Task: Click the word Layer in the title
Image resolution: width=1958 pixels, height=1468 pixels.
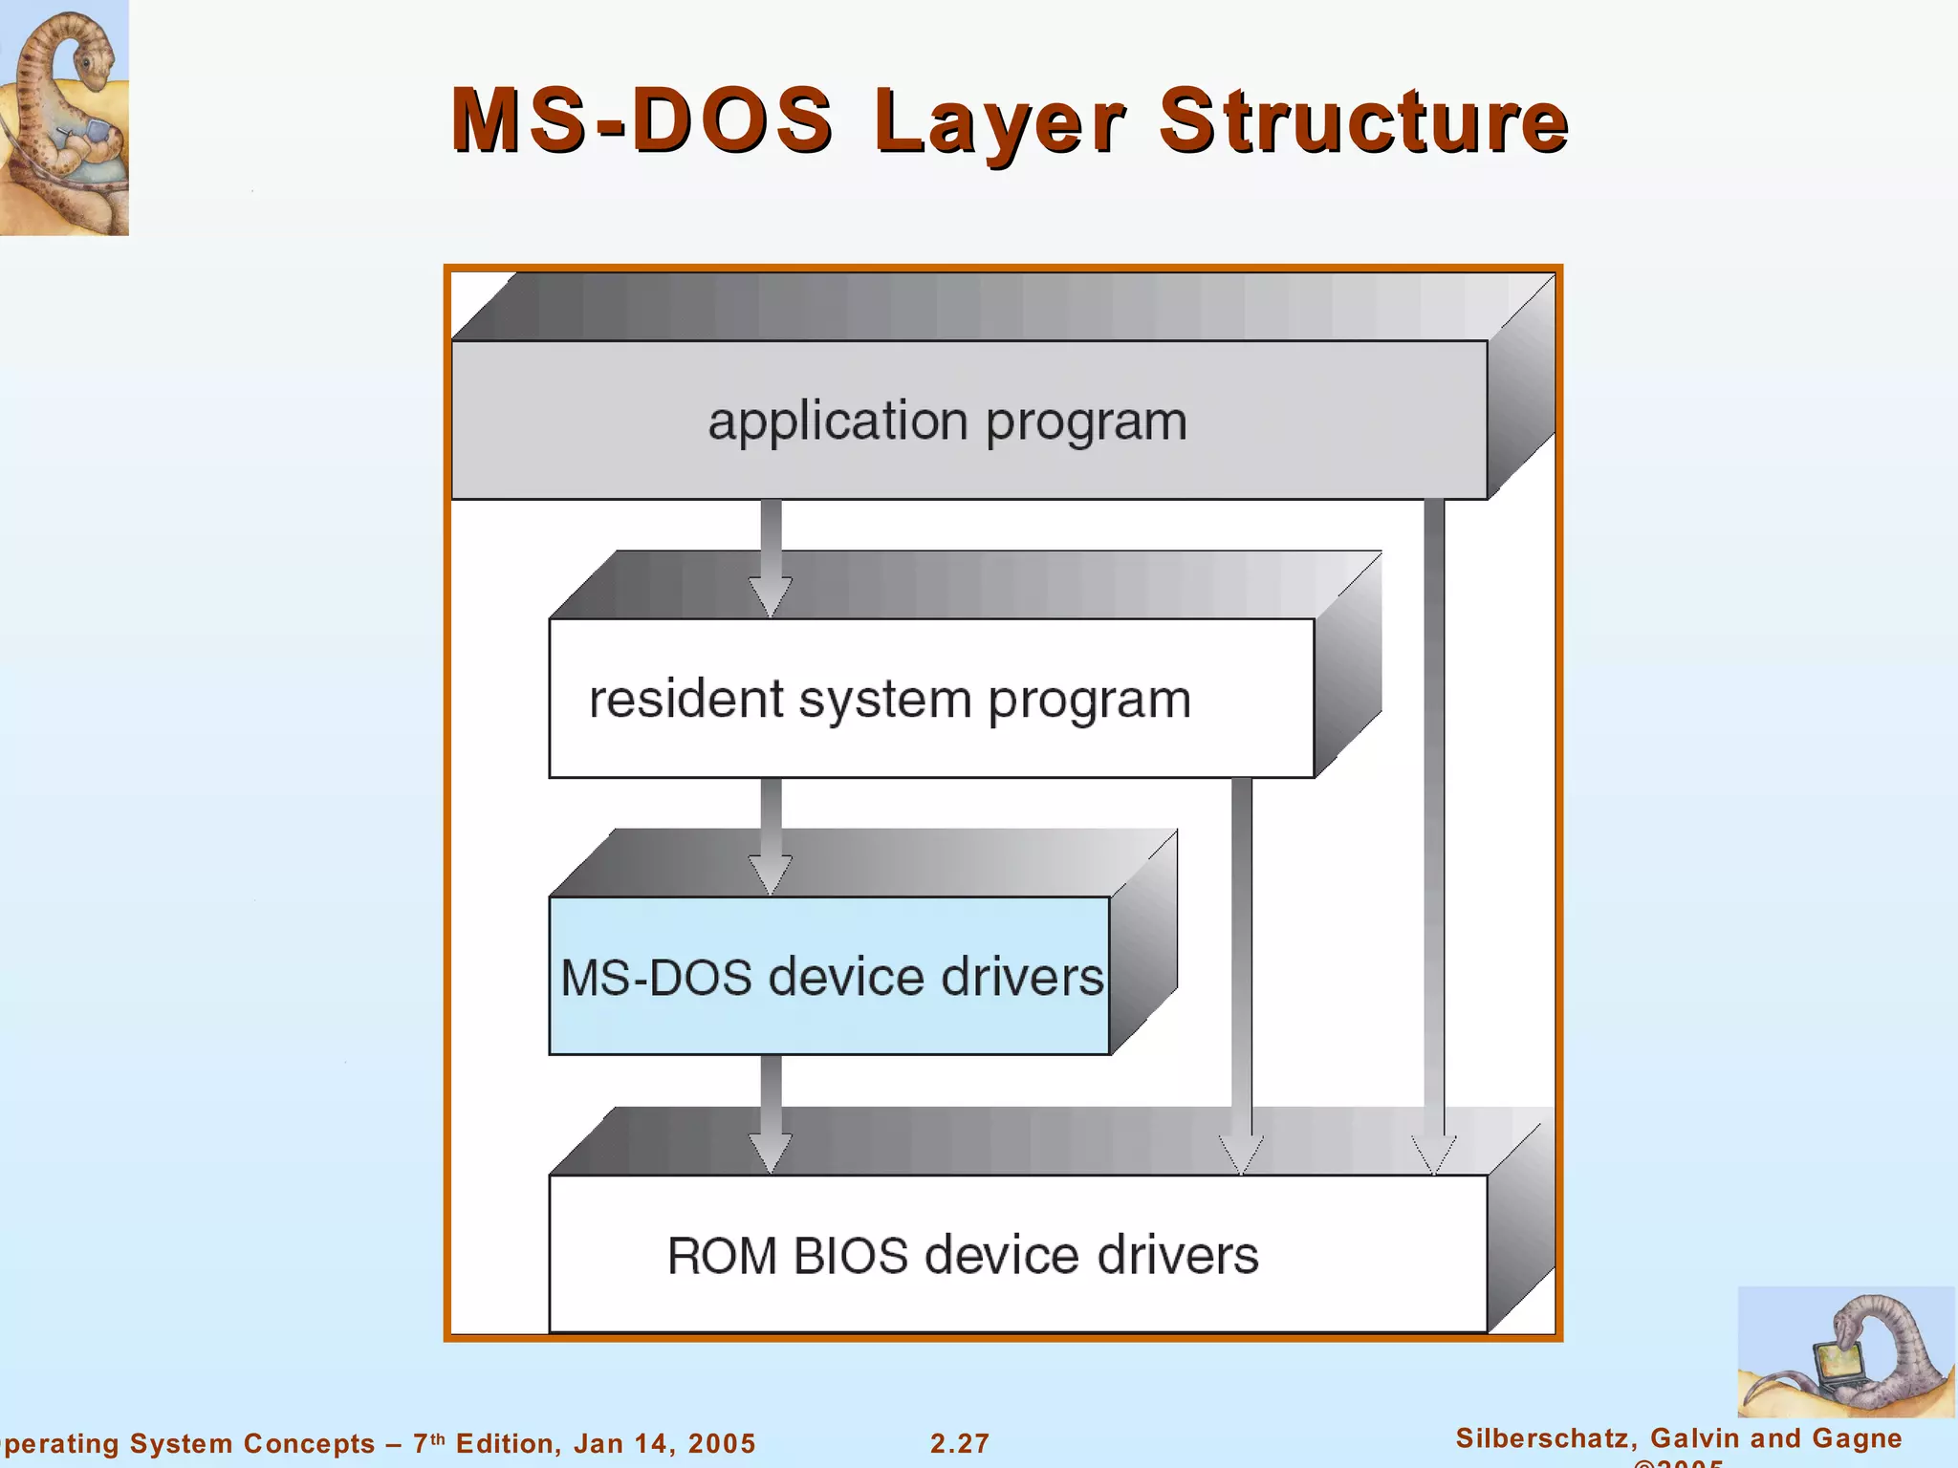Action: pyautogui.click(x=1000, y=121)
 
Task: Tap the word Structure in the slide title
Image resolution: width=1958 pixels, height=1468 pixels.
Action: pyautogui.click(x=1363, y=121)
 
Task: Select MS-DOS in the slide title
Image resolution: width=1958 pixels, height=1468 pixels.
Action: pyautogui.click(x=642, y=121)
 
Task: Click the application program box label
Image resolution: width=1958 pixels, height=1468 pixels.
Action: pyautogui.click(x=946, y=421)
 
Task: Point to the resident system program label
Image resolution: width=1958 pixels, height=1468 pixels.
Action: pyautogui.click(x=889, y=700)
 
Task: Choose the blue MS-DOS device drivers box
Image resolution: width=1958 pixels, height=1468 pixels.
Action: pyautogui.click(x=829, y=976)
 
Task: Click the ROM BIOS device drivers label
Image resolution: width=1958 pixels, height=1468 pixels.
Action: pyautogui.click(x=962, y=1255)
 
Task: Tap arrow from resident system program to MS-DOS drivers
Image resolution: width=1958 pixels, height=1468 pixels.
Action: pyautogui.click(x=771, y=835)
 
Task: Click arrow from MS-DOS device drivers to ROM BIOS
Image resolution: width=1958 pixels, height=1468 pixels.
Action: pyautogui.click(x=771, y=1113)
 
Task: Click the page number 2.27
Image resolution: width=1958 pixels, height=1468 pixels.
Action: pyautogui.click(x=960, y=1443)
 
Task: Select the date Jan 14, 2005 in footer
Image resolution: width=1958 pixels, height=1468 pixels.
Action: pyautogui.click(x=664, y=1443)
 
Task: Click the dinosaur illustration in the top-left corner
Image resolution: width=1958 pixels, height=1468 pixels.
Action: pyautogui.click(x=63, y=117)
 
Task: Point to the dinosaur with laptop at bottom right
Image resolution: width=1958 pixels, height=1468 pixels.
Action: pyautogui.click(x=1845, y=1352)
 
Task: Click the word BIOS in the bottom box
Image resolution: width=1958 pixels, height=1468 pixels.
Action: pyautogui.click(x=850, y=1255)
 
